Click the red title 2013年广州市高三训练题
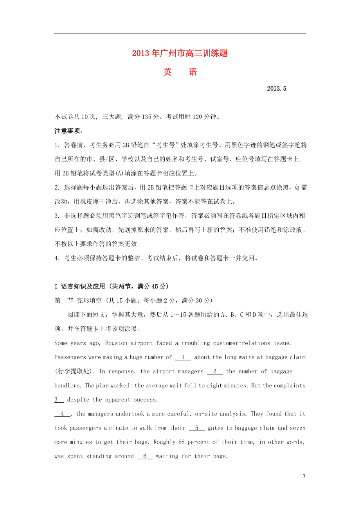click(180, 53)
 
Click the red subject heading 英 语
click(180, 72)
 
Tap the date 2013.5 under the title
click(277, 89)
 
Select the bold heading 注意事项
click(68, 131)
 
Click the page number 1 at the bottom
click(304, 476)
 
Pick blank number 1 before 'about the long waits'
click(183, 357)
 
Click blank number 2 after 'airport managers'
click(215, 371)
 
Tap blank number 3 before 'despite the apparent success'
click(59, 400)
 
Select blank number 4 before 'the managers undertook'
click(63, 414)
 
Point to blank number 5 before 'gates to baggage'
click(196, 428)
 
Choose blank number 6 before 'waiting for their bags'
click(145, 456)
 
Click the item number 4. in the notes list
click(57, 258)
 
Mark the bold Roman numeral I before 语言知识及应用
click(56, 287)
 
